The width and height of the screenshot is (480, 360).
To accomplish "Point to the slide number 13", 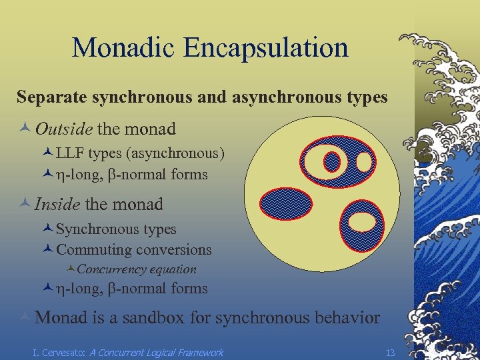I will click(x=391, y=351).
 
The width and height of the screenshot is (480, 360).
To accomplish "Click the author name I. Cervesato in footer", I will click(x=59, y=352).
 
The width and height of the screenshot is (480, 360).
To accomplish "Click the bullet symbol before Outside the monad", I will click(x=25, y=129).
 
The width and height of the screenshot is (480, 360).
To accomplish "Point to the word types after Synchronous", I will click(x=158, y=229).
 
